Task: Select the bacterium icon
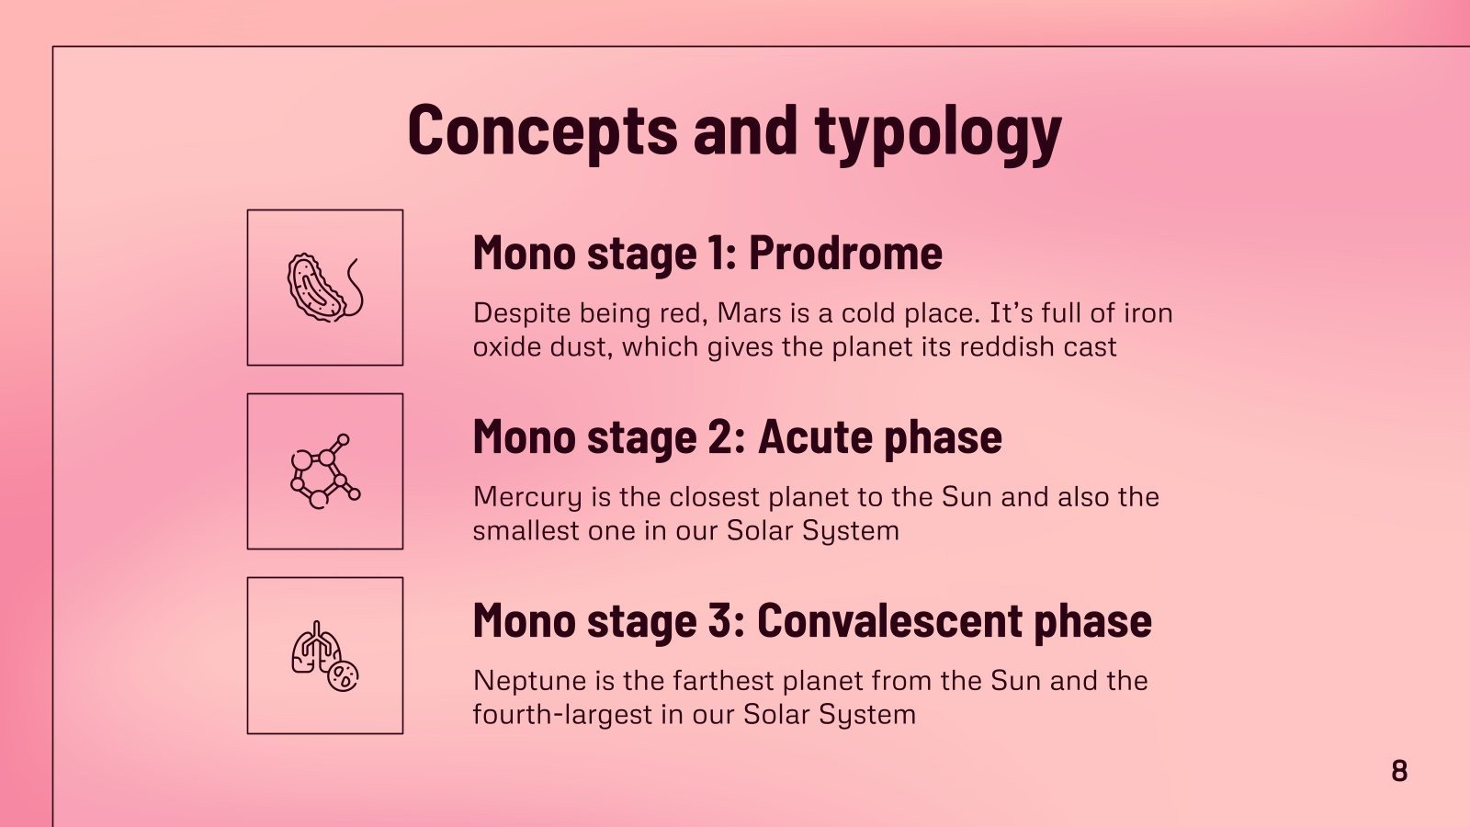coord(324,288)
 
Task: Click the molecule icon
coord(324,471)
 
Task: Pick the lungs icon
coord(324,655)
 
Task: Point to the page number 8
coord(1399,771)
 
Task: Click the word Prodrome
coord(845,253)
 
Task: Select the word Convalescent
coord(889,620)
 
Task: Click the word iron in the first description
coord(1148,313)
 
